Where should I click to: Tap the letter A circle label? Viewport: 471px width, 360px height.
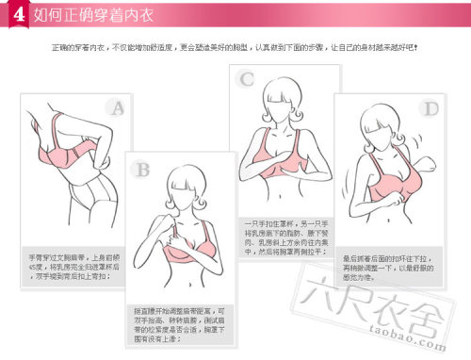[116, 108]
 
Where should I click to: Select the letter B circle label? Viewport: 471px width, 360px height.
[142, 171]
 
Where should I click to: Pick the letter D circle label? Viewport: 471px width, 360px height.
[430, 109]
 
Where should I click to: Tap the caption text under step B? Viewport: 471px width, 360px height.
[181, 322]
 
